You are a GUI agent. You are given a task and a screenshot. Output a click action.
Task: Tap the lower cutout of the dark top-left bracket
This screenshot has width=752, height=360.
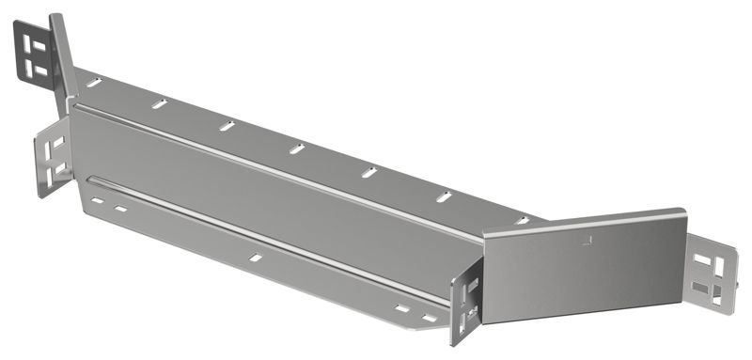click(39, 68)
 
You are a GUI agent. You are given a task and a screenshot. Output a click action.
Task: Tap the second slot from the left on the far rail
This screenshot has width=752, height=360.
click(160, 103)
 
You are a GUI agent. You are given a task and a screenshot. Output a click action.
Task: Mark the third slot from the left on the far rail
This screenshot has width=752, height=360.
click(227, 125)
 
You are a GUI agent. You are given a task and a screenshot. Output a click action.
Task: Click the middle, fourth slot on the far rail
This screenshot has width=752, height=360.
click(297, 149)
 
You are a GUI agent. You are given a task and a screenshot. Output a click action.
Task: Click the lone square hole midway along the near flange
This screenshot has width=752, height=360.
click(255, 257)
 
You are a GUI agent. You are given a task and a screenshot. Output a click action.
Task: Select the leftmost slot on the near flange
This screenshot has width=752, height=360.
click(96, 200)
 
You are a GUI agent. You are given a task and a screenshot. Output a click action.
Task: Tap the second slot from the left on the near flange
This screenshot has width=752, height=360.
click(121, 209)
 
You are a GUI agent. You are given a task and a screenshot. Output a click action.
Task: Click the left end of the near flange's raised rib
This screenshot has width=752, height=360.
click(91, 180)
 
